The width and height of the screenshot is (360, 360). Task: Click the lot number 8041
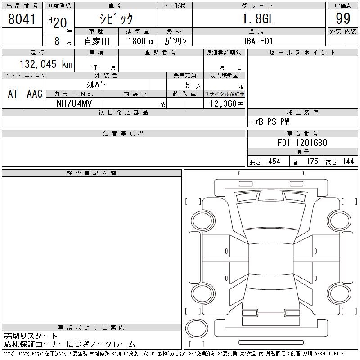click(22, 19)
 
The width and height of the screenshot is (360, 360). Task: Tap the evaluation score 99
click(343, 18)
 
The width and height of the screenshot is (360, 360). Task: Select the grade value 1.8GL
click(259, 19)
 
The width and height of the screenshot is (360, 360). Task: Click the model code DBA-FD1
click(257, 41)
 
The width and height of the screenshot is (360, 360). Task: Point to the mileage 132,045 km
click(46, 64)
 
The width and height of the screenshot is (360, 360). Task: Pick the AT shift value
click(13, 94)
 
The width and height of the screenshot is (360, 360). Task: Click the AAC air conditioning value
click(35, 94)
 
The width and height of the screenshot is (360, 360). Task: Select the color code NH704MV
click(74, 103)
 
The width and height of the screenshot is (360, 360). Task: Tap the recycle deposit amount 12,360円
click(227, 104)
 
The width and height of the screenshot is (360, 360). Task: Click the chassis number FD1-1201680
click(302, 143)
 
